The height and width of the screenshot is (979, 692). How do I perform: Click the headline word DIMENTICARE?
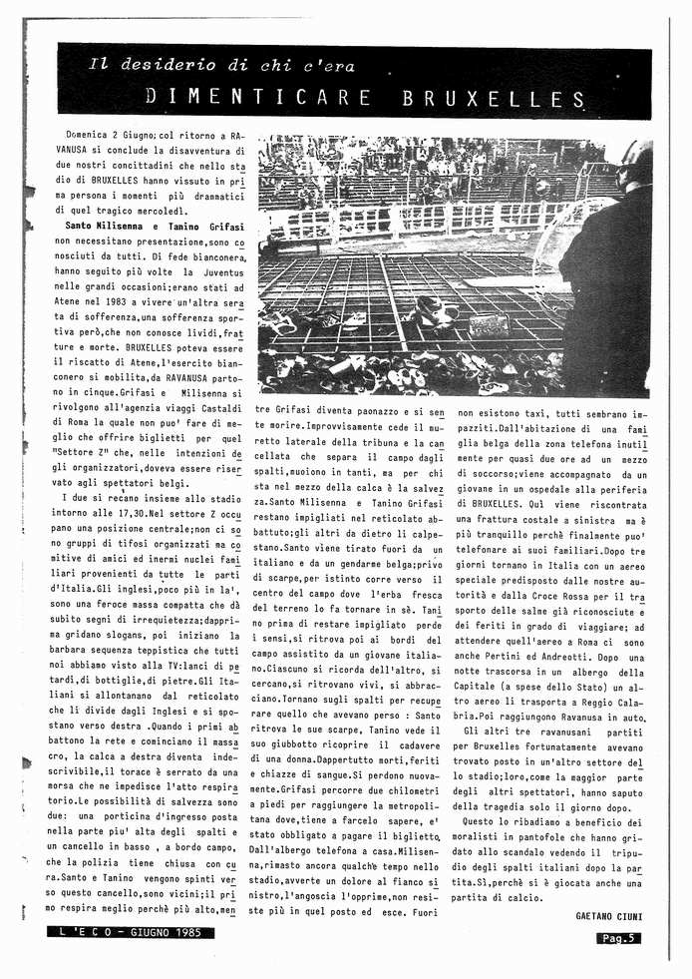(x=259, y=98)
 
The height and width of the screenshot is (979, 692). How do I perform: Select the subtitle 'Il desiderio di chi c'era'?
(x=220, y=66)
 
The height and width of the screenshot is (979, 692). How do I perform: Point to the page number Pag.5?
(x=619, y=937)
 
